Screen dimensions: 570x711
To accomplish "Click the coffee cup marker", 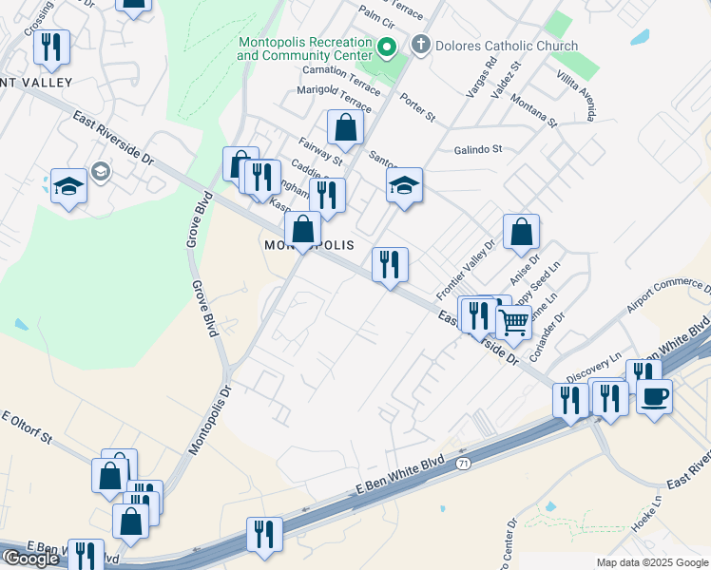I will pyautogui.click(x=655, y=396).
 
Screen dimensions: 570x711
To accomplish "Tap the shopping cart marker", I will pyautogui.click(x=514, y=323).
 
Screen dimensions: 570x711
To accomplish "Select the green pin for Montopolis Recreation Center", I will pyautogui.click(x=387, y=47).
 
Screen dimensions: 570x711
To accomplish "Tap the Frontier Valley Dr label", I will pyautogui.click(x=467, y=268).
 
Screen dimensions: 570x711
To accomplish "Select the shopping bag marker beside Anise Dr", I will pyautogui.click(x=522, y=232).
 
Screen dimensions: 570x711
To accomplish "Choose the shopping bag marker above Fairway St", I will pyautogui.click(x=345, y=127).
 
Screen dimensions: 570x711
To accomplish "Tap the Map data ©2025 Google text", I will pyautogui.click(x=652, y=562).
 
